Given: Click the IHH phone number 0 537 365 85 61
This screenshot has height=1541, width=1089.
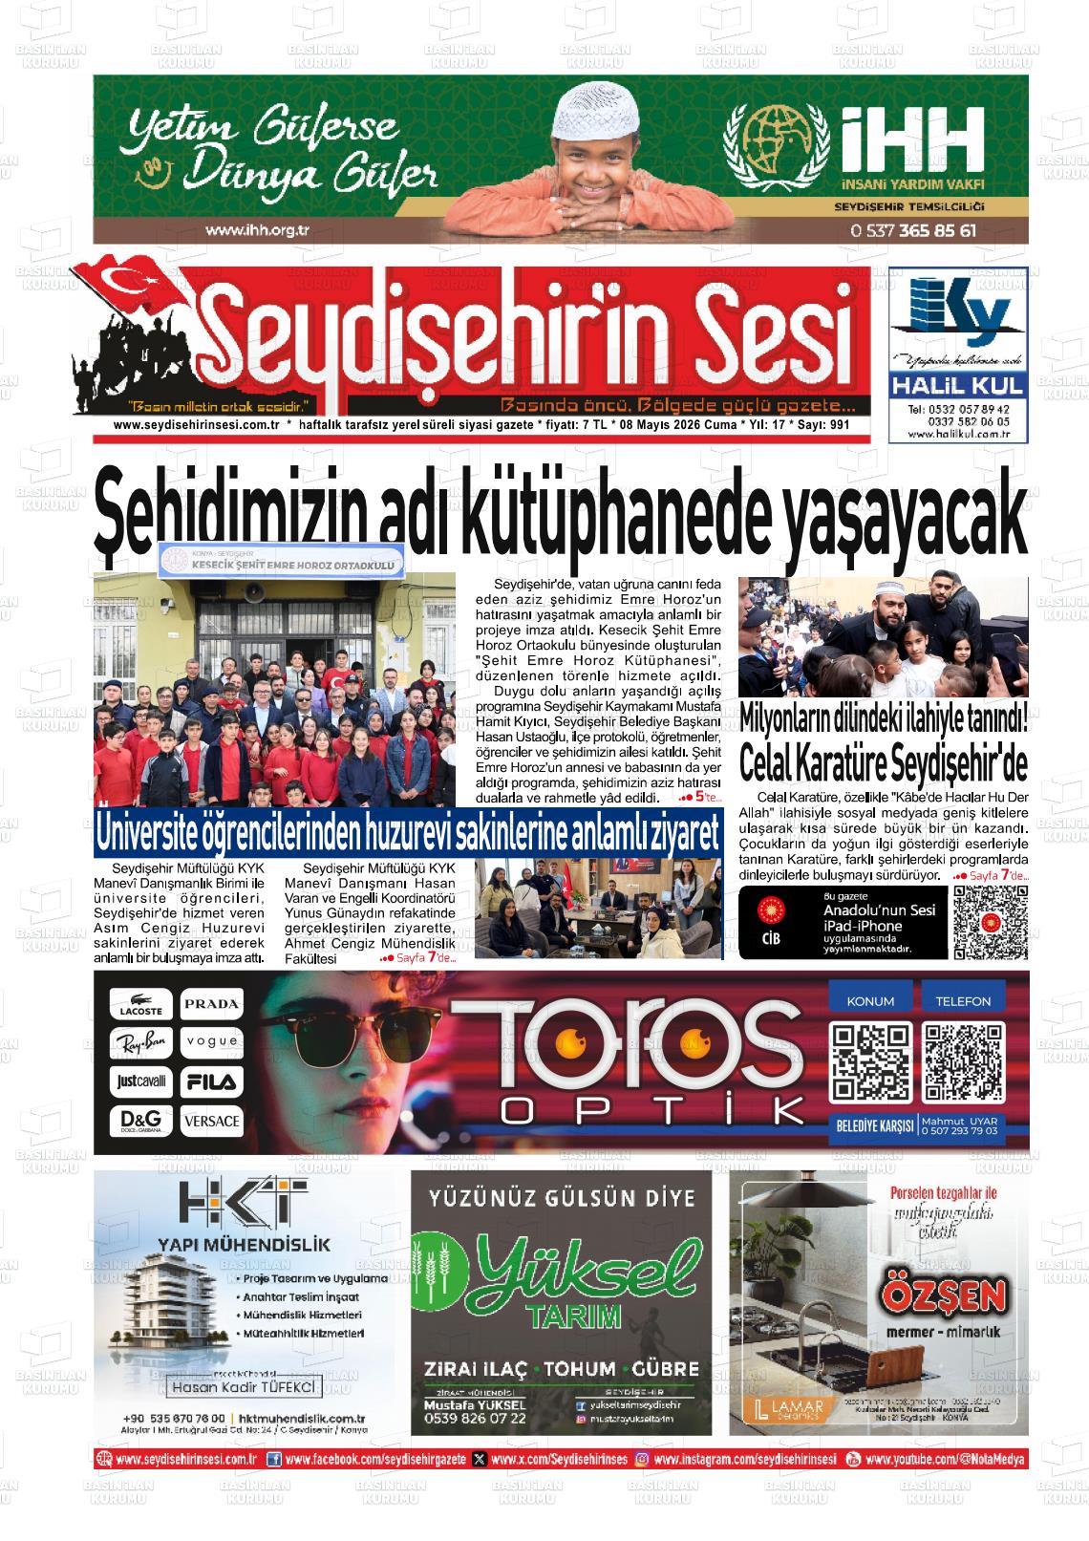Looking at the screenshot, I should (912, 230).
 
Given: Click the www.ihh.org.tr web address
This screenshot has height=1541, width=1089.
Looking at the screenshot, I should (260, 230).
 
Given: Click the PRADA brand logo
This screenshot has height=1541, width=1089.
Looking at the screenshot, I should (212, 1004).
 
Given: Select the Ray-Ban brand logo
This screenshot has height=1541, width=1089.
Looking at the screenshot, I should (140, 1042).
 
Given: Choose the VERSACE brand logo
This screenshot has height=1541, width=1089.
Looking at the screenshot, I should (212, 1120).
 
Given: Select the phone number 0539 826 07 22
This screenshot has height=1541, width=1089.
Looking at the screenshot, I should (475, 1419).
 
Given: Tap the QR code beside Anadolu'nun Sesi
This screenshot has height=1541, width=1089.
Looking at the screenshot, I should (991, 922).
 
